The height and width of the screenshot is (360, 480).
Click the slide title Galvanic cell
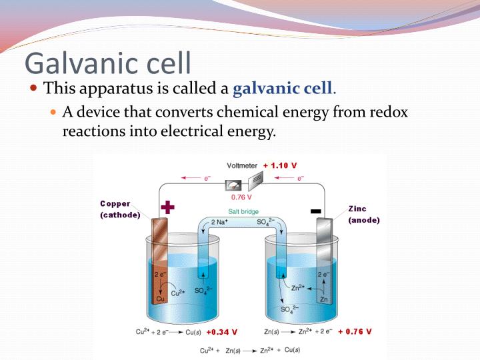click(x=108, y=62)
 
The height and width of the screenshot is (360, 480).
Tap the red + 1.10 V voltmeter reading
click(x=280, y=165)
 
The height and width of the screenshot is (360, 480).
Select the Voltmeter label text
click(x=243, y=165)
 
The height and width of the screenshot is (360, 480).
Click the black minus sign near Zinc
click(x=316, y=212)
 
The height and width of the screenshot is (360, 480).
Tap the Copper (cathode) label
click(x=120, y=209)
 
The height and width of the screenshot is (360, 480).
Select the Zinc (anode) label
click(x=363, y=214)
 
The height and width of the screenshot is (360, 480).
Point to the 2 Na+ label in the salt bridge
click(x=221, y=221)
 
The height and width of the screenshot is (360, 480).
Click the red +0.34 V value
click(x=221, y=331)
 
